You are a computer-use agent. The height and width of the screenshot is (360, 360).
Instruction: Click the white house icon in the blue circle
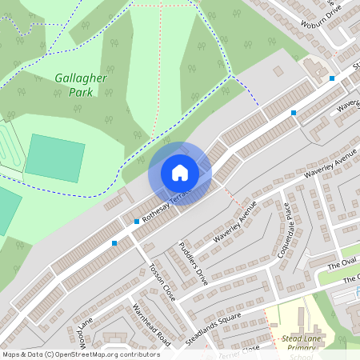180,173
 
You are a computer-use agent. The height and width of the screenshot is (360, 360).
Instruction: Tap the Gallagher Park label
75,85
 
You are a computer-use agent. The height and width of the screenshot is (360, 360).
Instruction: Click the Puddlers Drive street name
193,264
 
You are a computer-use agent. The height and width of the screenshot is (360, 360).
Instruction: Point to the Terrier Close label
240,350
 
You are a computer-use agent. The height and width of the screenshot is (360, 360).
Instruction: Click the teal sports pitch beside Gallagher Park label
55,157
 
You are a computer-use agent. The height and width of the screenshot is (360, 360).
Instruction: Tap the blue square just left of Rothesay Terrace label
137,221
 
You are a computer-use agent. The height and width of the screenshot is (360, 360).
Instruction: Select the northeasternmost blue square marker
332,78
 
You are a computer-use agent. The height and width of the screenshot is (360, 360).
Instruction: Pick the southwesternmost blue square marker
114,242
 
